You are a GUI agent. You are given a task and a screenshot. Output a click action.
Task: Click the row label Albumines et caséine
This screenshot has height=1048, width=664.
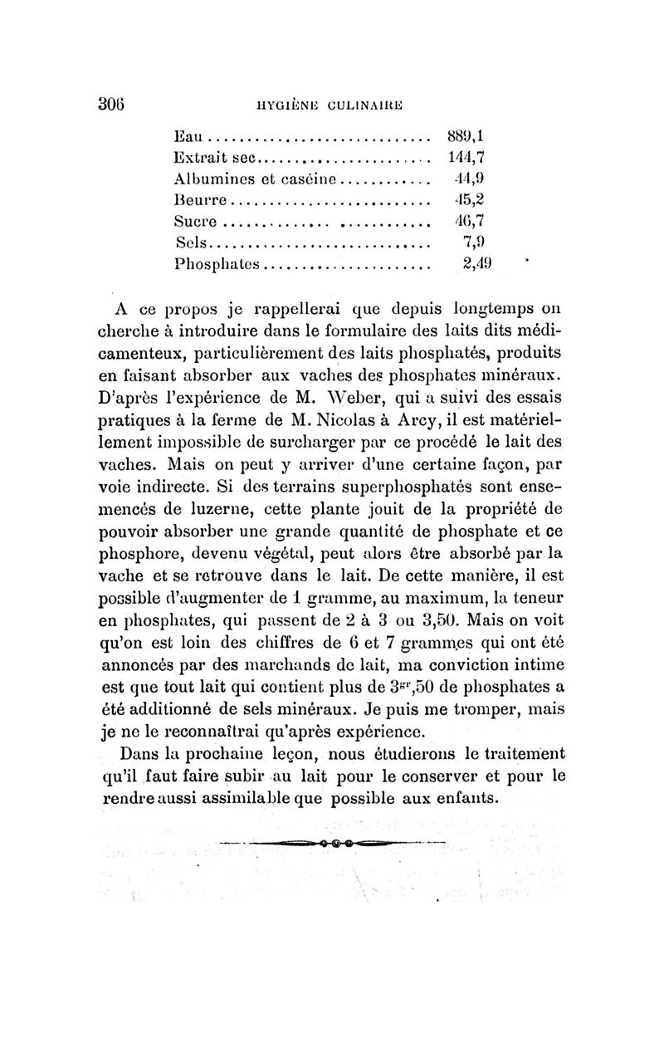point(254,179)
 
